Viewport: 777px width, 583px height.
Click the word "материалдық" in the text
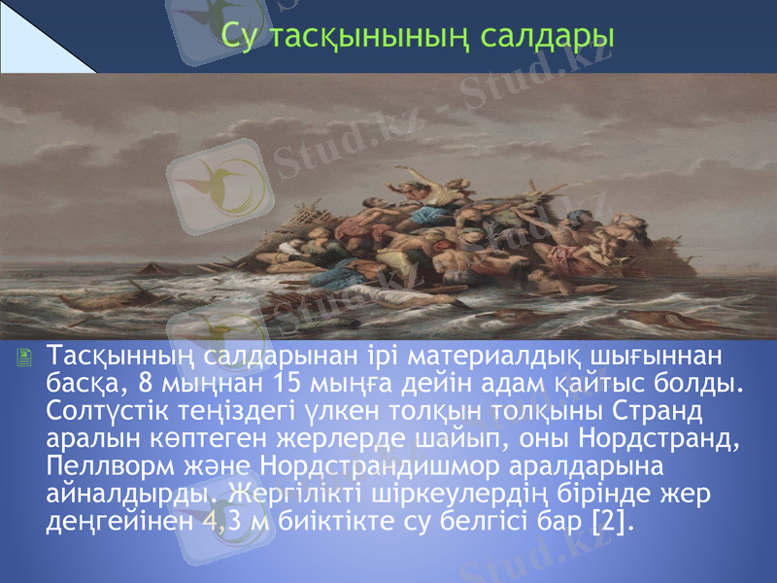[x=481, y=351]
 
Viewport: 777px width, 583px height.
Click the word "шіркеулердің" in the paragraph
[x=435, y=493]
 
